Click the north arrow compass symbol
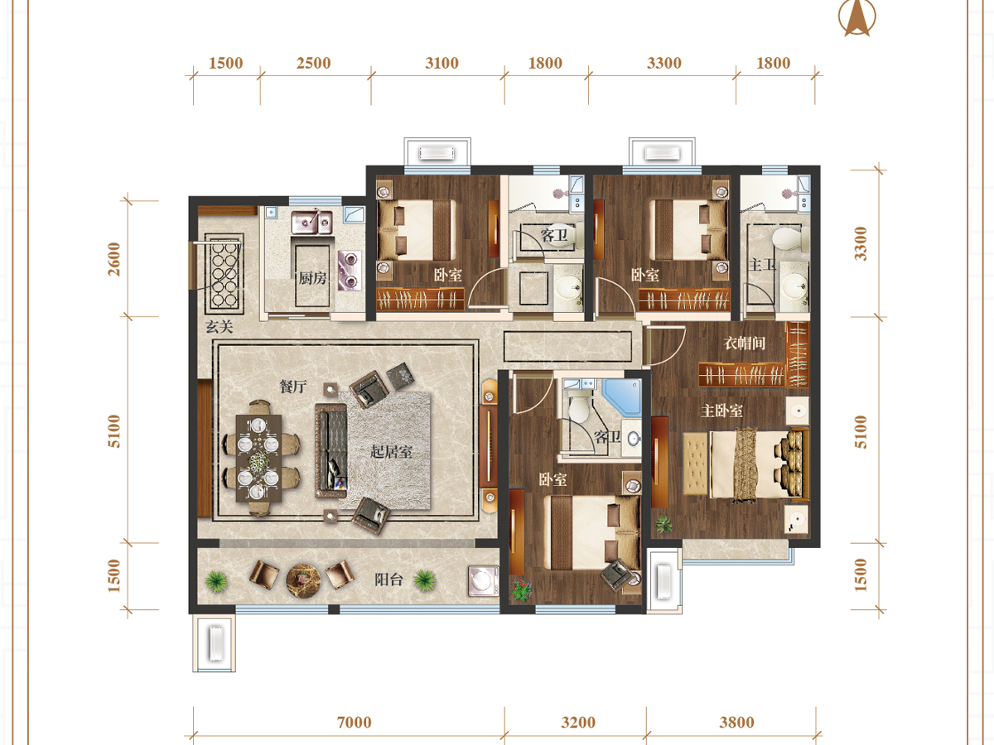856,17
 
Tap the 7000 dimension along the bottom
355,722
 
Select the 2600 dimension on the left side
114,259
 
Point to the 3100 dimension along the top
442,63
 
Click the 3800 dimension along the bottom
736,722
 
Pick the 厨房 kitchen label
312,278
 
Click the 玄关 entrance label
220,326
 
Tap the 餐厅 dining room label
293,387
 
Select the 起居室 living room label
391,451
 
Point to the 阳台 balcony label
388,579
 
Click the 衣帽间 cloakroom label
745,343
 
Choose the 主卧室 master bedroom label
721,411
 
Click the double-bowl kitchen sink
312,222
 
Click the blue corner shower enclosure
622,397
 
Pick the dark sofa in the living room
331,450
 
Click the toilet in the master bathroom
789,239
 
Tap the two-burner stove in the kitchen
350,271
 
